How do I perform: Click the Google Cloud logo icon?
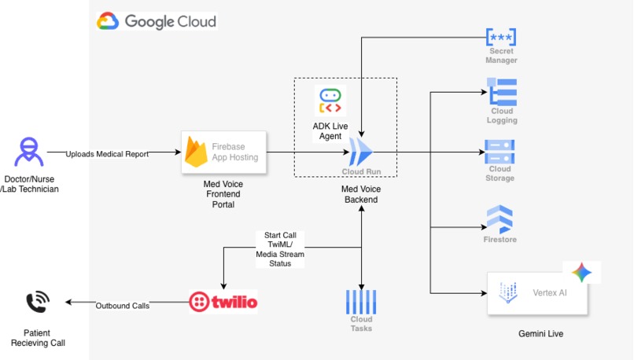pyautogui.click(x=108, y=21)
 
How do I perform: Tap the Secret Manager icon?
pyautogui.click(x=501, y=37)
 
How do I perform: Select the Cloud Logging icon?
pyautogui.click(x=502, y=92)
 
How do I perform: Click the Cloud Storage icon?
pyautogui.click(x=499, y=152)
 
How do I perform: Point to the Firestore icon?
pyautogui.click(x=499, y=219)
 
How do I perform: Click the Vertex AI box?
pyautogui.click(x=537, y=293)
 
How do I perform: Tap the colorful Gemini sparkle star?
pyautogui.click(x=582, y=272)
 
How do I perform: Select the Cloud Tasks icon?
pyautogui.click(x=361, y=302)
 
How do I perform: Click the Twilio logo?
pyautogui.click(x=223, y=302)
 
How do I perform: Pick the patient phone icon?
pyautogui.click(x=38, y=302)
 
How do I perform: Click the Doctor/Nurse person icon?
pyautogui.click(x=29, y=152)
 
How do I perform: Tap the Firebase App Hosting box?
pyautogui.click(x=223, y=152)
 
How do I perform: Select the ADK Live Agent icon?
pyautogui.click(x=330, y=101)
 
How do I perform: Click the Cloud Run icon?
pyautogui.click(x=361, y=152)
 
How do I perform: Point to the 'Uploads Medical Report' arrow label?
pyautogui.click(x=107, y=154)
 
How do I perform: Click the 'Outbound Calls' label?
pyautogui.click(x=123, y=306)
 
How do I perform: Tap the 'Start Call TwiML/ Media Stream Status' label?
pyautogui.click(x=280, y=249)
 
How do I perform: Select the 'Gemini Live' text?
pyautogui.click(x=541, y=334)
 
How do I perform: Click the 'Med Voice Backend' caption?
pyautogui.click(x=361, y=194)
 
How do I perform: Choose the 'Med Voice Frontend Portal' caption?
pyautogui.click(x=223, y=194)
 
